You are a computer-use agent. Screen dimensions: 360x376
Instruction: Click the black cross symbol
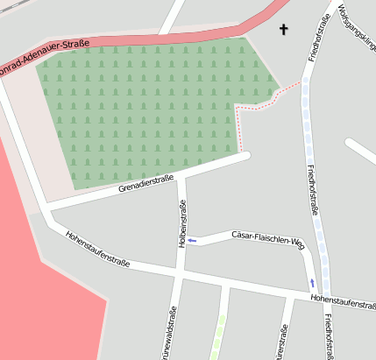283,30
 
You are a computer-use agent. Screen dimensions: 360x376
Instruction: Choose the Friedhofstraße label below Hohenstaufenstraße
328,337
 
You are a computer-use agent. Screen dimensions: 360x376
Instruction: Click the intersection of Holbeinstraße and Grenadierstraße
182,177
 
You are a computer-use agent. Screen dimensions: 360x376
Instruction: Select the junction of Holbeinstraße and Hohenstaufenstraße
179,277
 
